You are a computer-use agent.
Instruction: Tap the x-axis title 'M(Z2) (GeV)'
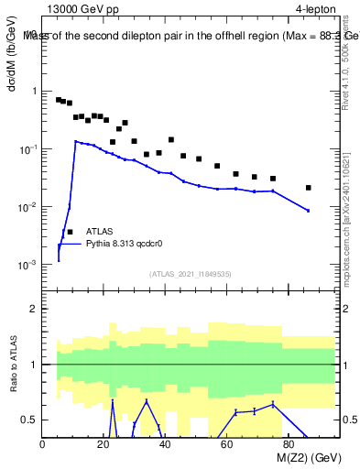296,459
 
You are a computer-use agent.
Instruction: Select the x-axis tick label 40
165,444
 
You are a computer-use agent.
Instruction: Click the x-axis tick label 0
43,444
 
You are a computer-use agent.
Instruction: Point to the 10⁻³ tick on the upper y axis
27,265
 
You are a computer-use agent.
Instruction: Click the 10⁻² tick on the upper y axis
27,207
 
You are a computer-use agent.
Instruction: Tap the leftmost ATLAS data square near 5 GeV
59,100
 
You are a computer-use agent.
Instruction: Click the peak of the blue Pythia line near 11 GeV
76,141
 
